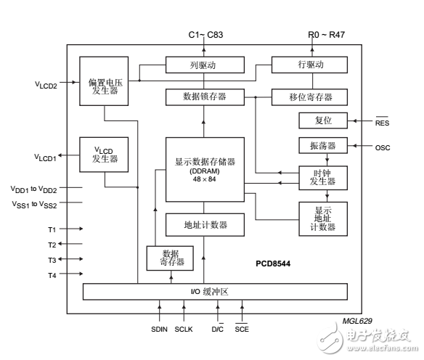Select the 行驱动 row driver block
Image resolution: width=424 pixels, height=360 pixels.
pos(311,65)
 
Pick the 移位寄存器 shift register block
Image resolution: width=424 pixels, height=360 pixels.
pos(311,96)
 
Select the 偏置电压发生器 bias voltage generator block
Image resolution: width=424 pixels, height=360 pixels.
pos(104,82)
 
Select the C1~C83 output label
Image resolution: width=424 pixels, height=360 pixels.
pos(204,34)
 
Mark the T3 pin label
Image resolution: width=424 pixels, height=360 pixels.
pos(52,259)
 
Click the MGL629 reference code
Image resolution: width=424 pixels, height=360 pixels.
pos(358,319)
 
